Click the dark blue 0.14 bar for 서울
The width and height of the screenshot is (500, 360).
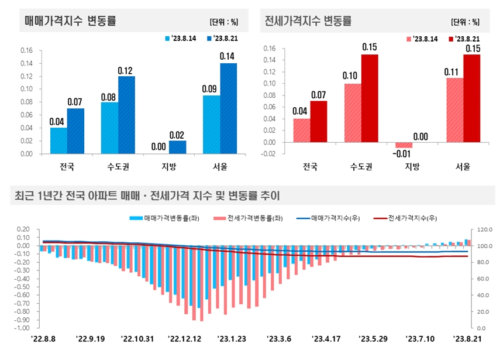tap(228, 108)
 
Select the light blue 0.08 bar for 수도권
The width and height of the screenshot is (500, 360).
tap(109, 128)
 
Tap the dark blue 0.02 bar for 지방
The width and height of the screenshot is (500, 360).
tap(177, 148)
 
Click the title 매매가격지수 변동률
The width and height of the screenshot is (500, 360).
tap(70, 22)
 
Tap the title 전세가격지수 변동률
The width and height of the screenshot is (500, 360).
tap(308, 22)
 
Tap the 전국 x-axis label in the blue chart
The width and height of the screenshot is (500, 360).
tap(67, 166)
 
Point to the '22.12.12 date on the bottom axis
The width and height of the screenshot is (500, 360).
tap(184, 338)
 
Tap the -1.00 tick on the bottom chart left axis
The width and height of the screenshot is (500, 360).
tap(21, 328)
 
